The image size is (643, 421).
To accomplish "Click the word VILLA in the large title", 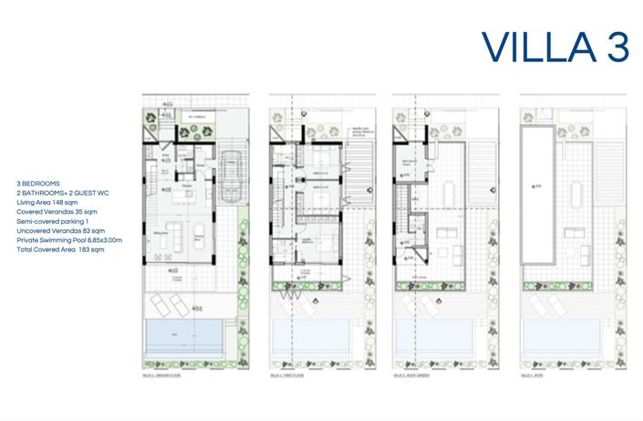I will coord(535,46).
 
